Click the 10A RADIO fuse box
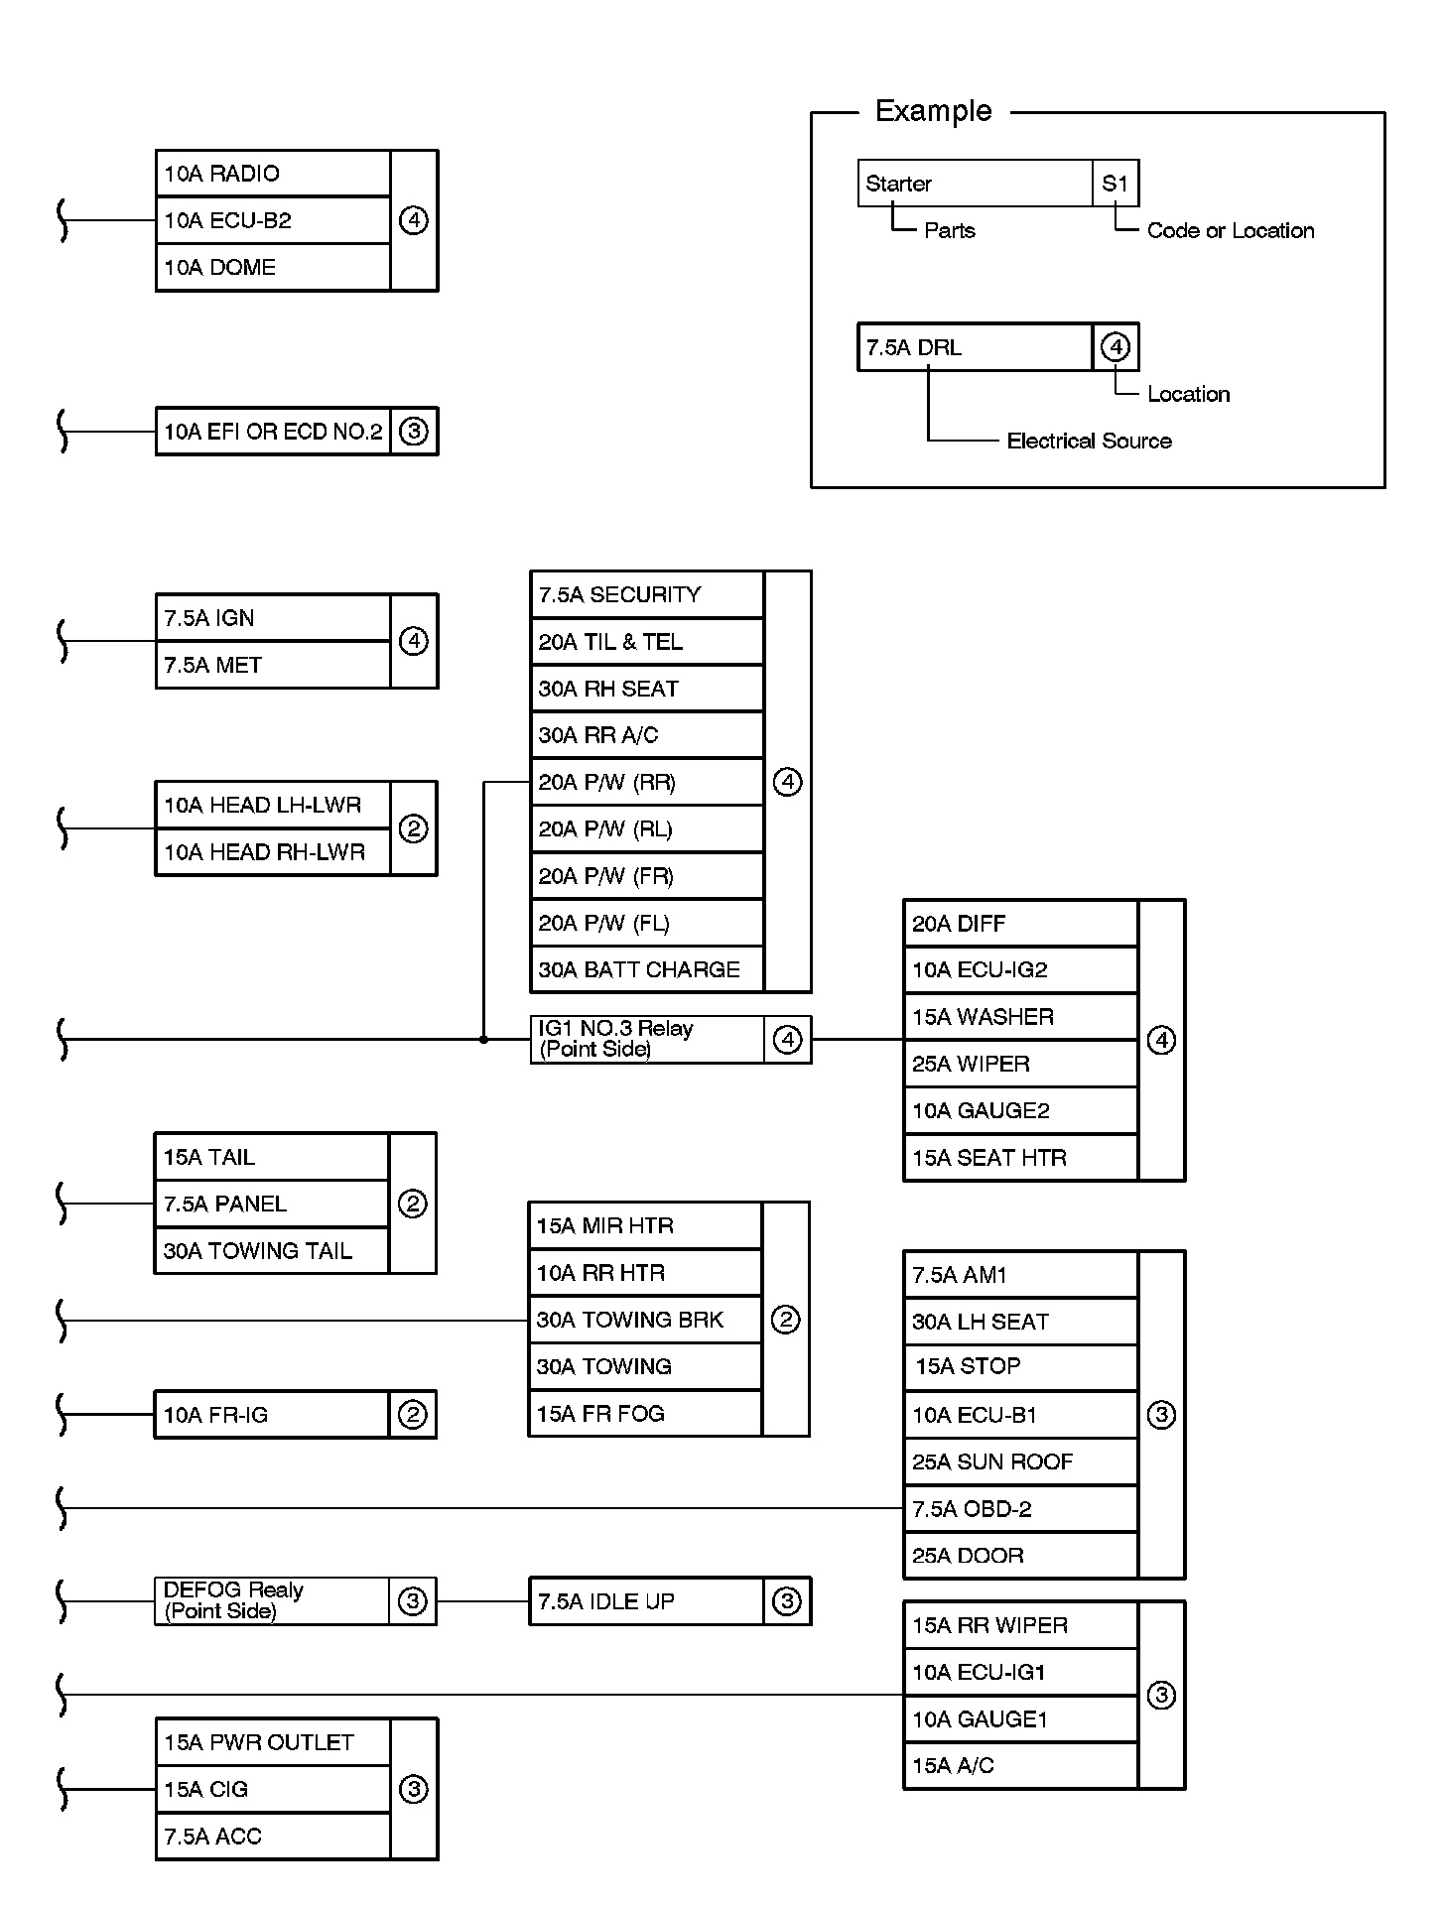coord(273,174)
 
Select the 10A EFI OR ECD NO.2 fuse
coord(273,432)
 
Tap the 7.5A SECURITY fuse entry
coord(647,594)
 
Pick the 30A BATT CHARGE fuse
coord(647,969)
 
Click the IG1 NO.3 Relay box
coord(647,1039)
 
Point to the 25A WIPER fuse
coord(1020,1064)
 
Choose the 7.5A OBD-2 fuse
coord(1020,1509)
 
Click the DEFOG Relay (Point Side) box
coord(271,1600)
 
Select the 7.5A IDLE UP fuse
coord(647,1601)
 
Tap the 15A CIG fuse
coord(273,1789)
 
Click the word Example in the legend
coord(933,111)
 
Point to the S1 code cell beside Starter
coord(1116,184)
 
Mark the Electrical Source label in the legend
coord(1089,441)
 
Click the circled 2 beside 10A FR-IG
coord(413,1415)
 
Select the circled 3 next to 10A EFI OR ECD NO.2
coord(414,432)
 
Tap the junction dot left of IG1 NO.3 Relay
coord(483,1040)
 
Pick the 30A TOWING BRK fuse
coord(645,1320)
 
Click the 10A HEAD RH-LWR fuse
coord(273,852)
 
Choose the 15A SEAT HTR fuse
coord(1020,1158)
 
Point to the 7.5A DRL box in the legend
coord(975,347)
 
